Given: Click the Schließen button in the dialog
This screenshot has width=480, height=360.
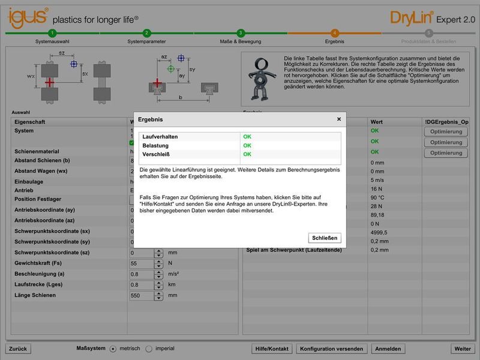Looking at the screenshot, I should [325, 238].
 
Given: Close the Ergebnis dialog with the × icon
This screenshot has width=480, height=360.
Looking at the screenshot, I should [338, 119].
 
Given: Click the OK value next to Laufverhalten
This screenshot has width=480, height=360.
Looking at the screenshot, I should [247, 137].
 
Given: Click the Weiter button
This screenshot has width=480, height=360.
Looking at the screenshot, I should [463, 349].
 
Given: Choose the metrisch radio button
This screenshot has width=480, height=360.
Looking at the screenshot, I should [112, 349].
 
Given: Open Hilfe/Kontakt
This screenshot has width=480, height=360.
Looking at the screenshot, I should [272, 349].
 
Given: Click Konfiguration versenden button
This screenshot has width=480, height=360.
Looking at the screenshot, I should [331, 349].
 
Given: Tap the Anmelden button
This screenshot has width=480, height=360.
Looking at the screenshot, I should [389, 349].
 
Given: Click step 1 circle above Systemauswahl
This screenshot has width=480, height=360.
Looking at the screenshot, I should [52, 33].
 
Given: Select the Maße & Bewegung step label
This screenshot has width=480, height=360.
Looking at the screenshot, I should [241, 42].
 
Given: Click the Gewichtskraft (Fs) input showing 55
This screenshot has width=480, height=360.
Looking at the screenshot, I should [142, 263].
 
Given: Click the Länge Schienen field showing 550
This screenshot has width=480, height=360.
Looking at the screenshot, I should [142, 296].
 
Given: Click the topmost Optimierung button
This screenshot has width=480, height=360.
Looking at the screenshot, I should [446, 131].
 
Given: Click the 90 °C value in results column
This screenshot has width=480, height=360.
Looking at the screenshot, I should [377, 197].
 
